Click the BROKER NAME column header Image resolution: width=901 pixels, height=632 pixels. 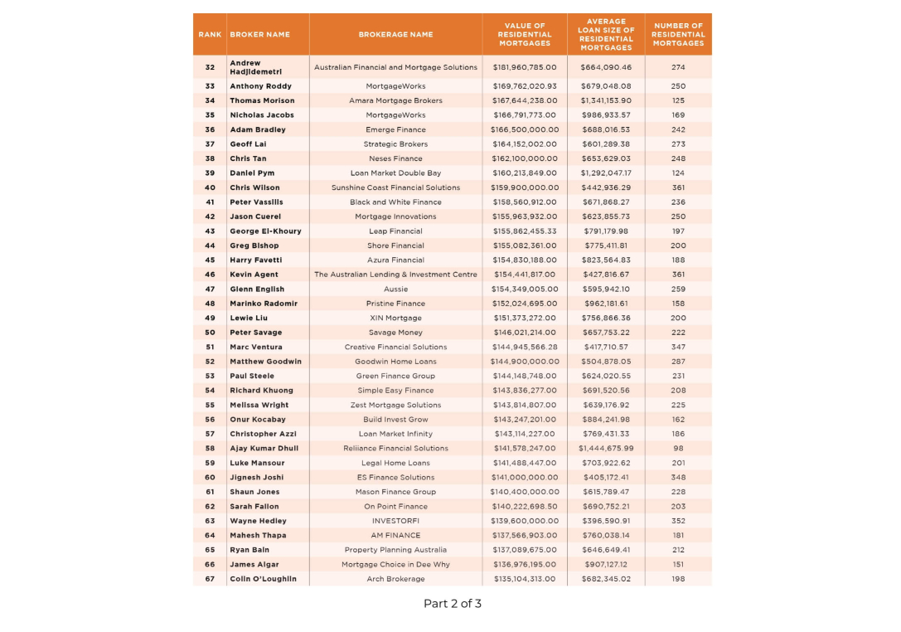259,35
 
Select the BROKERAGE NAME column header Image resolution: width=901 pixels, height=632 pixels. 395,35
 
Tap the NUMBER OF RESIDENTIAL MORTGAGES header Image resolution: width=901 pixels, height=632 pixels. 677,35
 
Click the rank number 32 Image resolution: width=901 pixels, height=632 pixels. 210,67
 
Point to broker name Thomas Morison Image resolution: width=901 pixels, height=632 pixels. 262,100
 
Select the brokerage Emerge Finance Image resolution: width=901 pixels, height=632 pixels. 395,129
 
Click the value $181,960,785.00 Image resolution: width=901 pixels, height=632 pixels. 525,67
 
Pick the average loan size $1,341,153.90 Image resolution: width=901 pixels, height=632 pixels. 606,100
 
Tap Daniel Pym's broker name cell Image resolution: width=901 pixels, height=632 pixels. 252,173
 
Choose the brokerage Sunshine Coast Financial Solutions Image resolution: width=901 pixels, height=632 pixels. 395,187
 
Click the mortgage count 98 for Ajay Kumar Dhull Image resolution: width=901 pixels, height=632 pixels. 678,448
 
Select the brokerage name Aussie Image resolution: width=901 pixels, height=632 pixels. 395,289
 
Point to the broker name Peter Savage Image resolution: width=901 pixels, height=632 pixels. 256,333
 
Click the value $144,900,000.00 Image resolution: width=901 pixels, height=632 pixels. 525,362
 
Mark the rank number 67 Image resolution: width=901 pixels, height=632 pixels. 210,579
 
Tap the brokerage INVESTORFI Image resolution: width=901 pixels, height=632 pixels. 395,521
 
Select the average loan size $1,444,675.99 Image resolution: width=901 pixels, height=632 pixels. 606,448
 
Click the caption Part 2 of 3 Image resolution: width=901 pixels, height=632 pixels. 452,604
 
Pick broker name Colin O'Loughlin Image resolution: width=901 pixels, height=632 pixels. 263,579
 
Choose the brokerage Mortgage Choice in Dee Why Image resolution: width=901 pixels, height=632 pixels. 395,564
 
